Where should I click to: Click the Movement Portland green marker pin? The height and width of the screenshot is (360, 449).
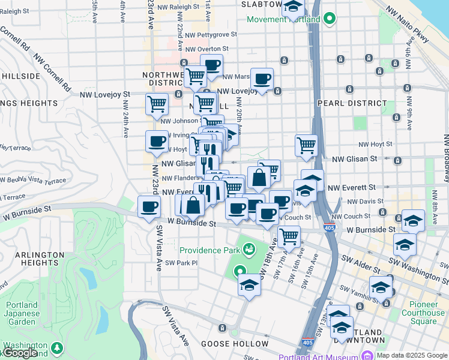pyautogui.click(x=329, y=19)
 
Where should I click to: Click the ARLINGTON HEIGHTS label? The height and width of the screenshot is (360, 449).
pyautogui.click(x=40, y=259)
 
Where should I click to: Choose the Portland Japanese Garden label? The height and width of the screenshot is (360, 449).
pyautogui.click(x=22, y=313)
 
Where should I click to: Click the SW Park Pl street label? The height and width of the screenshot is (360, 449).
pyautogui.click(x=181, y=263)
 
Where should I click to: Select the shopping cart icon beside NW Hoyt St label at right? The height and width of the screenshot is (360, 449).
pyautogui.click(x=306, y=145)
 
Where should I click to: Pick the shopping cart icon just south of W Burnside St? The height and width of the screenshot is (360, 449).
pyautogui.click(x=289, y=236)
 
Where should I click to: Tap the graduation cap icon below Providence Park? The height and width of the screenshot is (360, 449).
pyautogui.click(x=249, y=284)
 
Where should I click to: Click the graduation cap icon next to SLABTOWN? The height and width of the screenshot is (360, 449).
pyautogui.click(x=292, y=8)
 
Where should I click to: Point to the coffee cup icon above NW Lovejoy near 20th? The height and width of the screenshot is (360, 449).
pyautogui.click(x=262, y=79)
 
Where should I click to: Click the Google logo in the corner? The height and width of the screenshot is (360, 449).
pyautogui.click(x=19, y=353)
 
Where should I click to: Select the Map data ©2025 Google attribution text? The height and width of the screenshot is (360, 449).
pyautogui.click(x=411, y=355)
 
